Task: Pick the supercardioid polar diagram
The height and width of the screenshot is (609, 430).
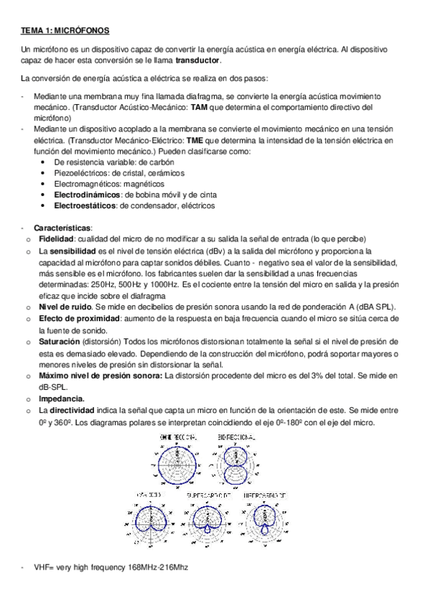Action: (x=207, y=522)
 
